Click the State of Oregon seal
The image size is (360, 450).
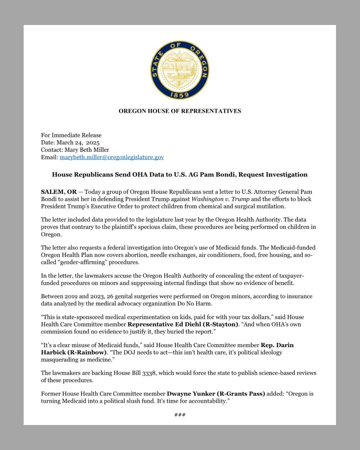180,70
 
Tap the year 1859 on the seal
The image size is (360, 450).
180,95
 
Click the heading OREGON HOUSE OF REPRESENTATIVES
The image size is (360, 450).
180,111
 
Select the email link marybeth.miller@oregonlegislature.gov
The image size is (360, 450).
112,157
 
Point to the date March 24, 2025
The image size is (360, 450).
78,143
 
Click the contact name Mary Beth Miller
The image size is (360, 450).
87,150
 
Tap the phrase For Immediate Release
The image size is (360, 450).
71,135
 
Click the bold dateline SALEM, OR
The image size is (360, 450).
59,192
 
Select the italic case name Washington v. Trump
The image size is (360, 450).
220,199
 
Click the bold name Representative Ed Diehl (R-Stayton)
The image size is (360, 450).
183,324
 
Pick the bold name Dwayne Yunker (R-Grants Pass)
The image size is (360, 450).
216,394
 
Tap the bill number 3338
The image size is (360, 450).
149,373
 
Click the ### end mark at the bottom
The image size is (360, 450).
180,415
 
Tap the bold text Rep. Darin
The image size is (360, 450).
277,345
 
